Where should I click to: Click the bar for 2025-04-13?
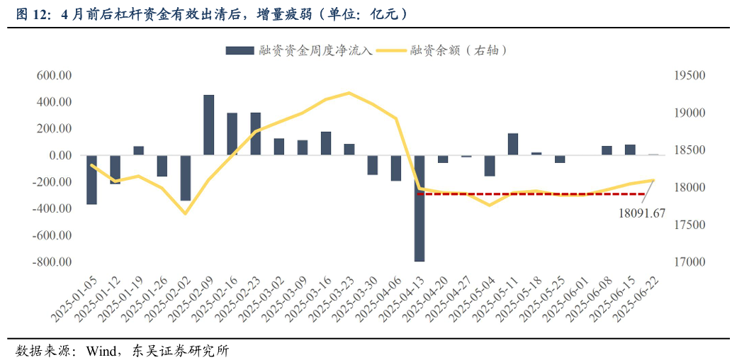tap(420, 208)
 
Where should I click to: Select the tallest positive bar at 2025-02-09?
tap(209, 125)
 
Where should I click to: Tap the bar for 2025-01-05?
tap(91, 180)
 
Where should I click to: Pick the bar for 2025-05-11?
tap(513, 144)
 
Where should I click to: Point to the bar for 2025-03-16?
tap(326, 143)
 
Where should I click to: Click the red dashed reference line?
tap(531, 193)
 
